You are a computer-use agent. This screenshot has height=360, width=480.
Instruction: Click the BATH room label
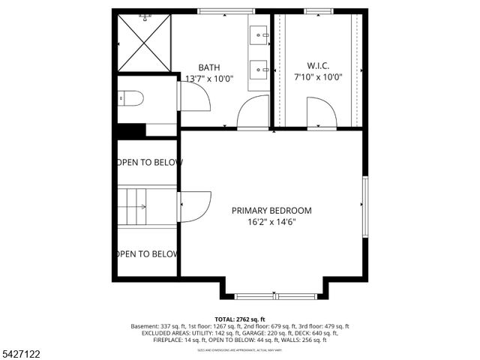pos(209,67)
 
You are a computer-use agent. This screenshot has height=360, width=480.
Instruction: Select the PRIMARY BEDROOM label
pos(271,211)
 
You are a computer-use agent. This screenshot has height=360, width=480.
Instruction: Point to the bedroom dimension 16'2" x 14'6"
pos(271,222)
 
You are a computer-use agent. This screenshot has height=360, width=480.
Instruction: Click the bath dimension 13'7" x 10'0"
pos(209,78)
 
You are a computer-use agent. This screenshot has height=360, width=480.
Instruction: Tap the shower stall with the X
pos(144,43)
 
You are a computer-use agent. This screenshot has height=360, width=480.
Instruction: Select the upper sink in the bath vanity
pos(259,34)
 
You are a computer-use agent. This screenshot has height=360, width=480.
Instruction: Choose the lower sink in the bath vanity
pos(259,70)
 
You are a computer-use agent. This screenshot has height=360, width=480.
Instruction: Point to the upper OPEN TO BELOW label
pos(148,162)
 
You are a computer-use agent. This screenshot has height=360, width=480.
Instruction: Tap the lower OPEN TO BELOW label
pos(147,254)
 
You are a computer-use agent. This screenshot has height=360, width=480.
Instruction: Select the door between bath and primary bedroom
pos(250,115)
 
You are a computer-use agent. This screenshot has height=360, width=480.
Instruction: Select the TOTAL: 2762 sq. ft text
pos(239,319)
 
